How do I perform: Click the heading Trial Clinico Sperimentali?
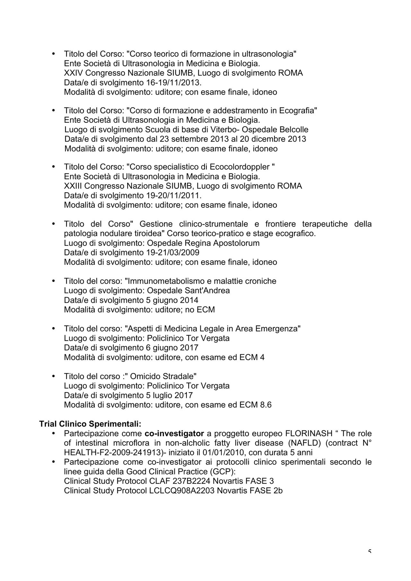click(x=90, y=424)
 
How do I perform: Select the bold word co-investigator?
click(x=174, y=434)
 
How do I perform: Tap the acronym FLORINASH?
click(x=309, y=434)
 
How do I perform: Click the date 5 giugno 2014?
click(x=172, y=300)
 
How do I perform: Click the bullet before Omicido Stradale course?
click(x=54, y=376)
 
